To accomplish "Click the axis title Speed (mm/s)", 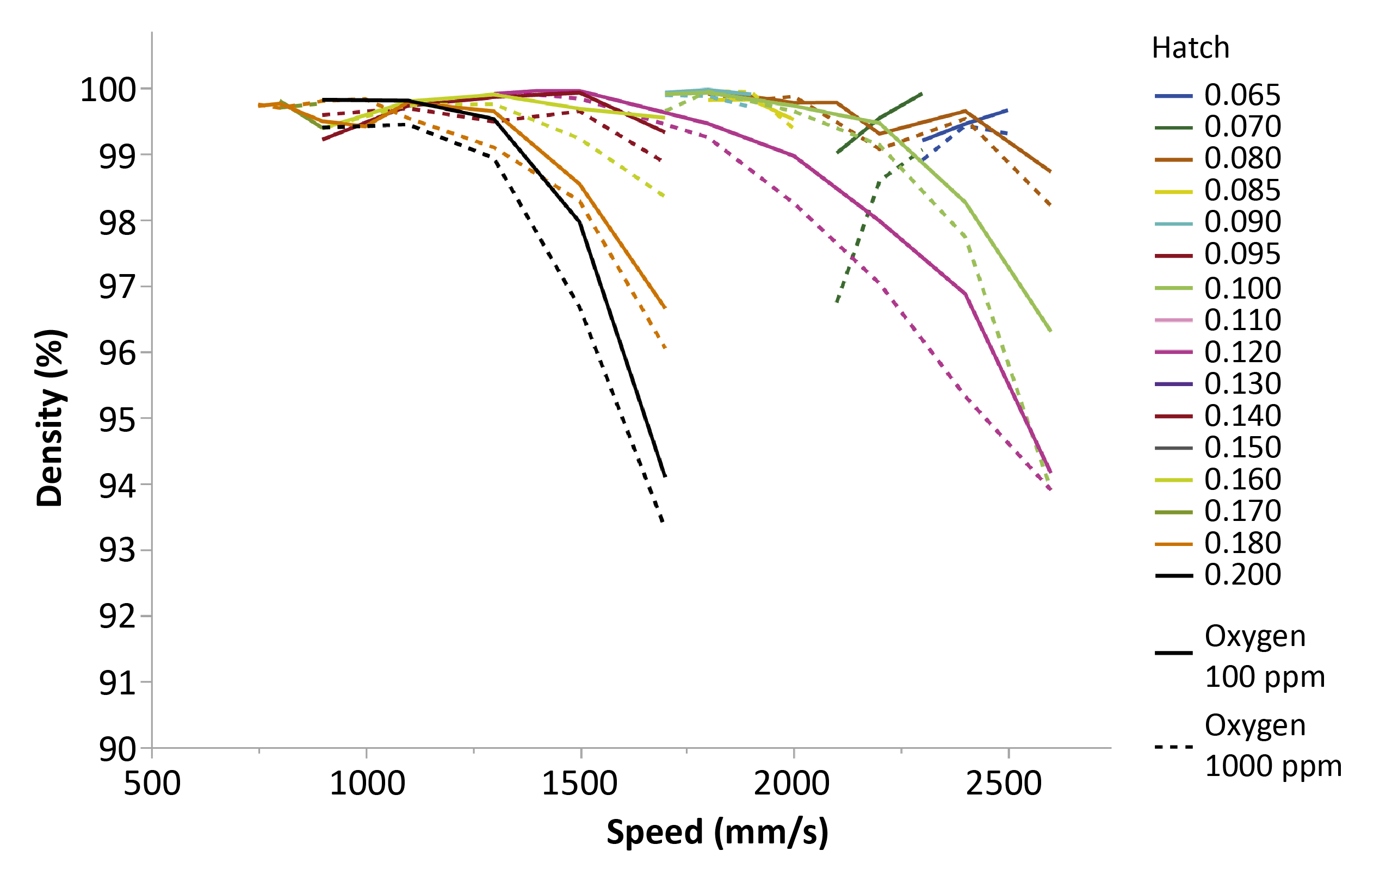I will (x=717, y=832).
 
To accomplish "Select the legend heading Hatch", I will (x=1191, y=48).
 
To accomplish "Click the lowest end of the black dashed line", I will (x=663, y=522).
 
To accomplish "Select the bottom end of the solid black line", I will (x=665, y=476).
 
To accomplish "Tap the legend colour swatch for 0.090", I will (x=1173, y=224).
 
